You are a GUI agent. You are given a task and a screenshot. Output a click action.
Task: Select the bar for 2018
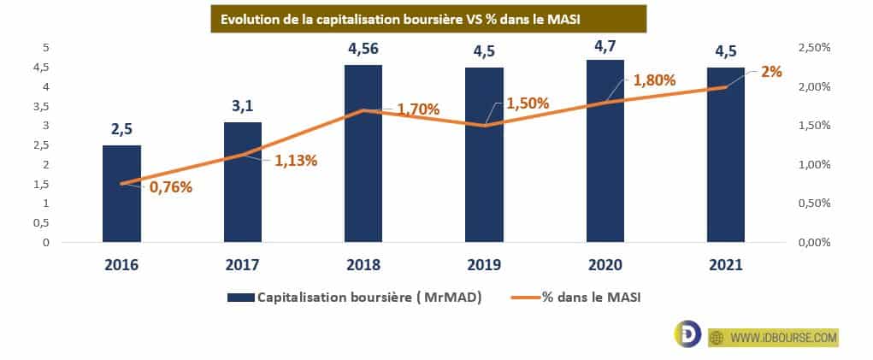pyautogui.click(x=363, y=153)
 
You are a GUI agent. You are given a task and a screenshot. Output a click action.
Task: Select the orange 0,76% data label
pyautogui.click(x=171, y=186)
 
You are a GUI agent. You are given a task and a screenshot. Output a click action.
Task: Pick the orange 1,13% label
pyautogui.click(x=296, y=160)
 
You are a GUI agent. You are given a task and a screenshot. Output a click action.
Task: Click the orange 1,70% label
pyautogui.click(x=418, y=109)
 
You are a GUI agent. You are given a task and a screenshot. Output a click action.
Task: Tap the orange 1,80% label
pyautogui.click(x=655, y=81)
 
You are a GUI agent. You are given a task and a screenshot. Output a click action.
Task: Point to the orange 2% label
pyautogui.click(x=771, y=73)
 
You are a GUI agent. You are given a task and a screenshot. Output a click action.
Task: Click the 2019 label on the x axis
pyautogui.click(x=484, y=265)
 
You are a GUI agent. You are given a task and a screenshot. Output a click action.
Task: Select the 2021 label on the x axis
pyautogui.click(x=725, y=265)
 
